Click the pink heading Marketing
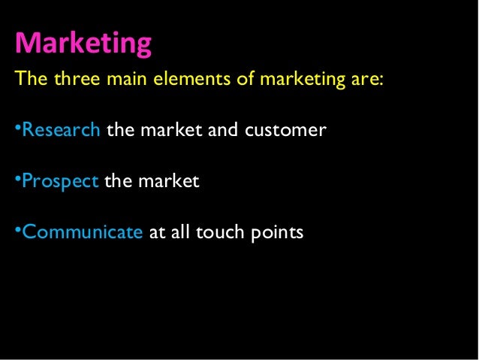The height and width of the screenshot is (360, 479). tap(83, 43)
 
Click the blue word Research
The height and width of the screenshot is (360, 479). tap(62, 131)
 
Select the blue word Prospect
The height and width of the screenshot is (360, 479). tap(61, 183)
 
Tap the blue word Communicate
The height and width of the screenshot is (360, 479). tap(83, 233)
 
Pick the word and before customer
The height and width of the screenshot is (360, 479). tap(222, 131)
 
